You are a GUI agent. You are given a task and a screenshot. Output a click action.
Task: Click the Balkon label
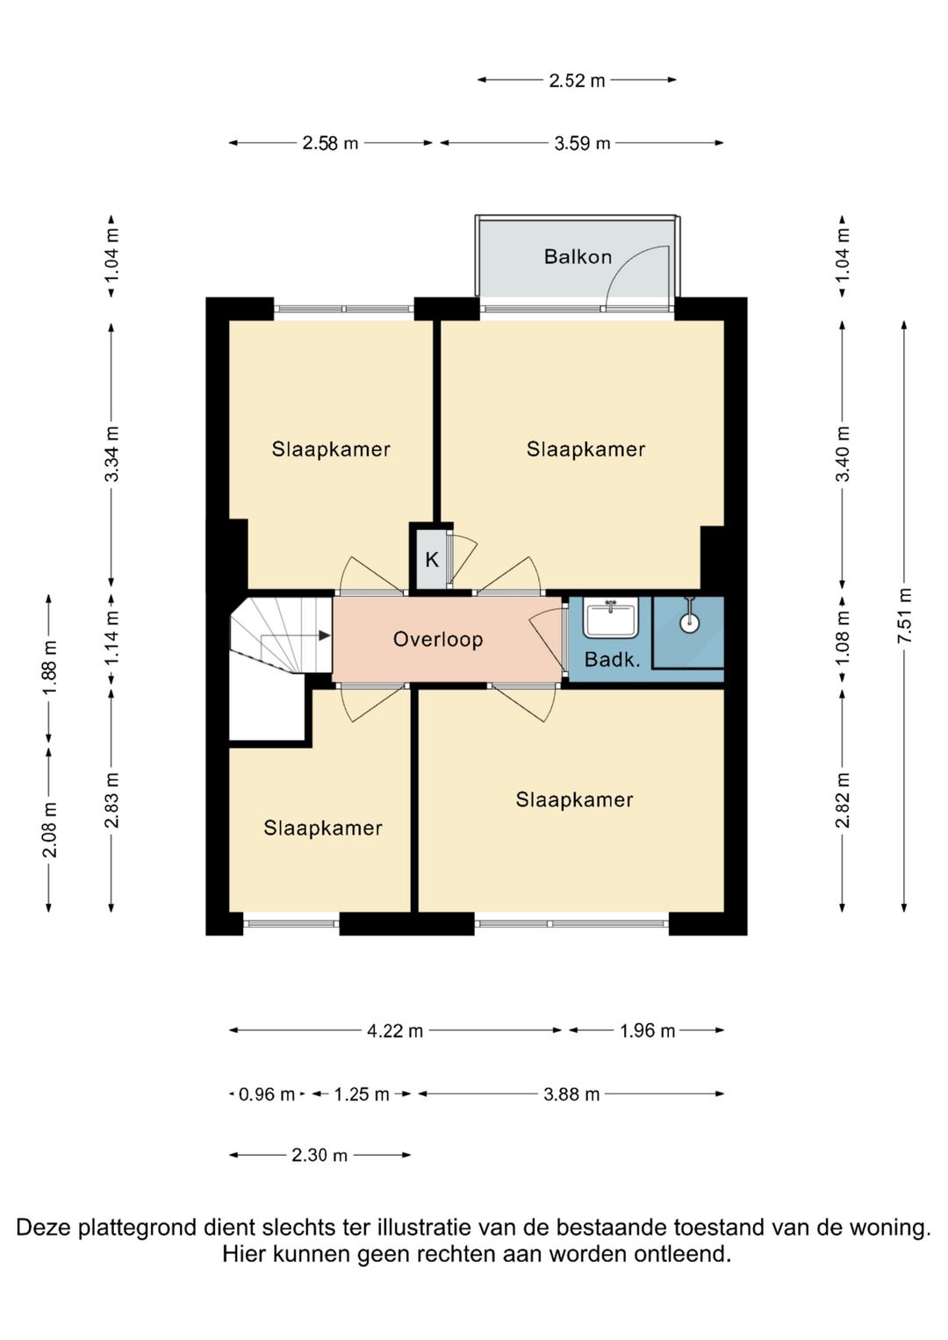pos(578,256)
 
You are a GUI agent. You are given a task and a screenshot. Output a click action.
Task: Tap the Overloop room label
pos(437,639)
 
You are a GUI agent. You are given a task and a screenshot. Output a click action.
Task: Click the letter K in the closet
pos(432,560)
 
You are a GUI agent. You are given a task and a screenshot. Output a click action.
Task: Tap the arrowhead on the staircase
pos(325,635)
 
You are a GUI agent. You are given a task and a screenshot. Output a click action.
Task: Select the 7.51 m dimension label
pos(904,615)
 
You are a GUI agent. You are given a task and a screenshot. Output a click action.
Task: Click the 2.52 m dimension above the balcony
pos(577,80)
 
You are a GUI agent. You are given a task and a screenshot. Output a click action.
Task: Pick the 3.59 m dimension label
pos(582,144)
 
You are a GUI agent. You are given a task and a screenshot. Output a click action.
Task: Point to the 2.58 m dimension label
pos(330,144)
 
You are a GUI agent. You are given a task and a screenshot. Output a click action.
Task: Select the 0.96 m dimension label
pos(267,1094)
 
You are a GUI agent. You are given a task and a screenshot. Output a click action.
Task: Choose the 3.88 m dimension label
pos(571,1094)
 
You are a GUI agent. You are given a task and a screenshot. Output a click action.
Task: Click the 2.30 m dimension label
pos(320,1155)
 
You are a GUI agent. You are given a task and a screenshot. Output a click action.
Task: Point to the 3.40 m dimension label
pos(844,454)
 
